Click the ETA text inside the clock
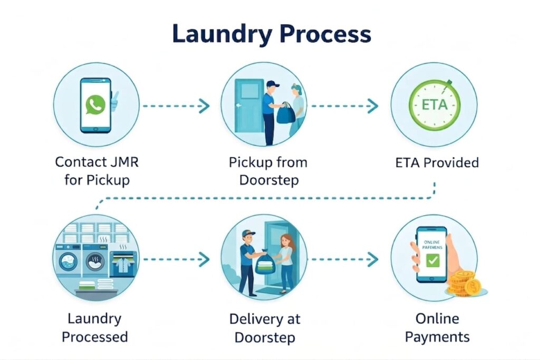[435, 104]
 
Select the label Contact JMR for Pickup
[97, 170]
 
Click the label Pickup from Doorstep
[267, 170]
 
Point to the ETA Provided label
[437, 162]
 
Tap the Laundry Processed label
[95, 327]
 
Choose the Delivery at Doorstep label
[265, 328]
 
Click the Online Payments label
[437, 327]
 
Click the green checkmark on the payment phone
[432, 260]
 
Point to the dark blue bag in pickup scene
[285, 113]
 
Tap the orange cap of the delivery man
[248, 233]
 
